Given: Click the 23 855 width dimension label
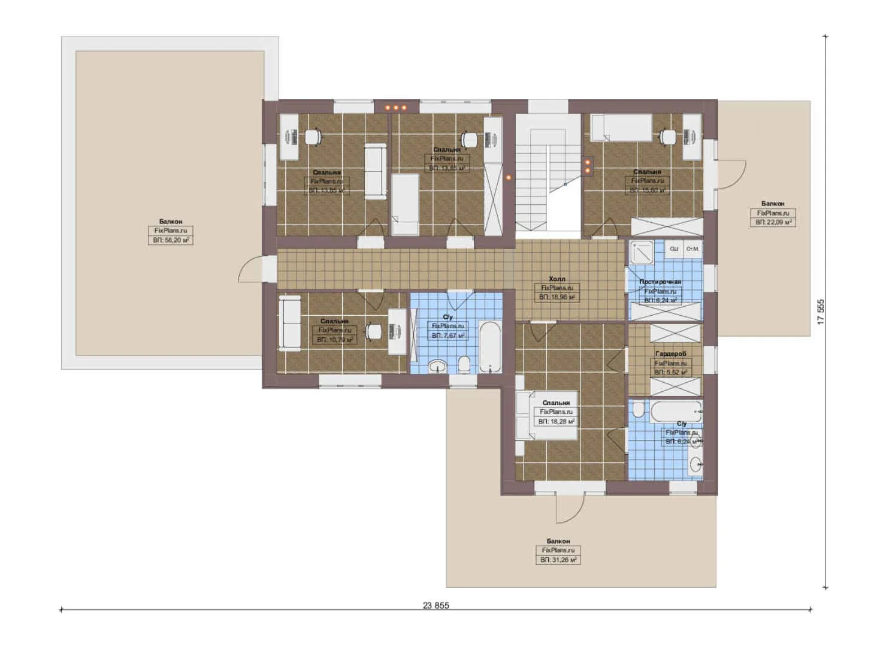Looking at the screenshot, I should click(436, 605).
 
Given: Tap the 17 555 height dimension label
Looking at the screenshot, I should click(821, 312).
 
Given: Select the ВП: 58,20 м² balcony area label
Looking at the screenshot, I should click(171, 240).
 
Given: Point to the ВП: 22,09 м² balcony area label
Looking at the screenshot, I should click(773, 222).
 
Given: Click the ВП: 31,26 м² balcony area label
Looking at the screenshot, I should click(558, 560).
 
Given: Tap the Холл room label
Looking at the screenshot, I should click(557, 279).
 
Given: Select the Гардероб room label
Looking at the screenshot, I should click(670, 354).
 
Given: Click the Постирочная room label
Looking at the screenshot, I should click(660, 282).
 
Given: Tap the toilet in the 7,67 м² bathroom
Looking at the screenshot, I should click(463, 364).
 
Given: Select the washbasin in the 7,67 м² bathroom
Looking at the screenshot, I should click(439, 366).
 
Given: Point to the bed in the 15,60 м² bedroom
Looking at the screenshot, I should click(622, 128).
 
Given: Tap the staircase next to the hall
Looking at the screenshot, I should click(533, 180).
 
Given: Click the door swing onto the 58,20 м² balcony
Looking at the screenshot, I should click(250, 270).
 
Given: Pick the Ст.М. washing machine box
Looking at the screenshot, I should click(693, 249).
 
